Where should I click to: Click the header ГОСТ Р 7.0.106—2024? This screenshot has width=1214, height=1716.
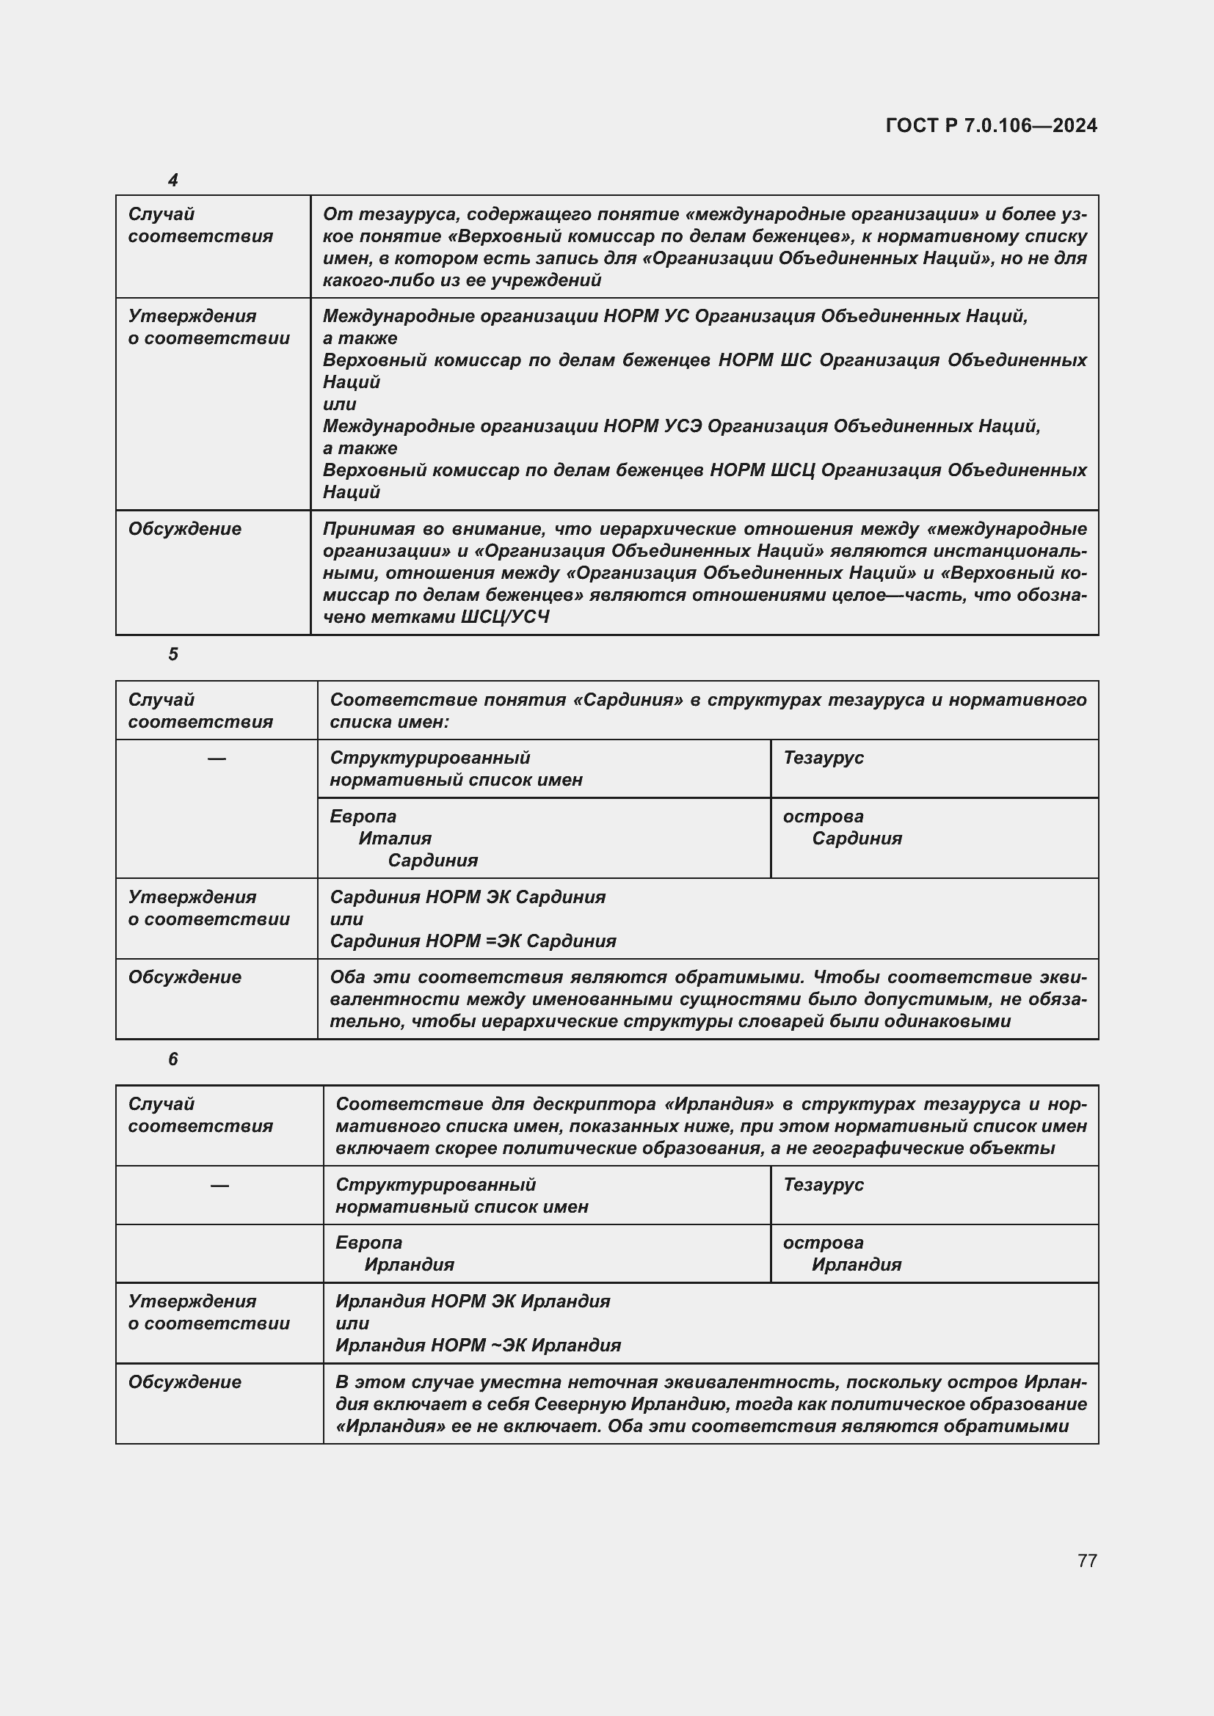point(990,125)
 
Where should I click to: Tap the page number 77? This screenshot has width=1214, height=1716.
point(1087,1560)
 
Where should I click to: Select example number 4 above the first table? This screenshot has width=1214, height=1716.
point(172,180)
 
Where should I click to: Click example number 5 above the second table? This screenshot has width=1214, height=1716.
point(172,654)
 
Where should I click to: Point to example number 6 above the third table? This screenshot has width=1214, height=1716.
point(172,1059)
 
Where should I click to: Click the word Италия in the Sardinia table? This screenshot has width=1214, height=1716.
point(395,839)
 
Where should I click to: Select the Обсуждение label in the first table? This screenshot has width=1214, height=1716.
point(185,529)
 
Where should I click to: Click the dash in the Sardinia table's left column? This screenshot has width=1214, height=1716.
point(217,759)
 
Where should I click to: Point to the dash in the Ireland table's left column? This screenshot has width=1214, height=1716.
point(219,1186)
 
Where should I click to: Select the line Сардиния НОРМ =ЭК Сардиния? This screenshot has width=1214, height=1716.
point(473,941)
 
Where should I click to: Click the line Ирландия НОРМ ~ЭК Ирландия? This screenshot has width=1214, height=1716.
point(478,1346)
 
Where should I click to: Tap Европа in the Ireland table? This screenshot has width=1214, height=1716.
point(368,1243)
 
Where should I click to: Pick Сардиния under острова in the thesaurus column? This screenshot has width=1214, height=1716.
point(857,839)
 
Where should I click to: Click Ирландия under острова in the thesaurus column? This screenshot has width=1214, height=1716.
point(857,1265)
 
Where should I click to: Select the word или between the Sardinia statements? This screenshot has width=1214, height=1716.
point(346,919)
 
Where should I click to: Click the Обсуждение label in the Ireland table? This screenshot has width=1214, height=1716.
point(185,1382)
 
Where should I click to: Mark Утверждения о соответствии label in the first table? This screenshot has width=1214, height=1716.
point(208,327)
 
